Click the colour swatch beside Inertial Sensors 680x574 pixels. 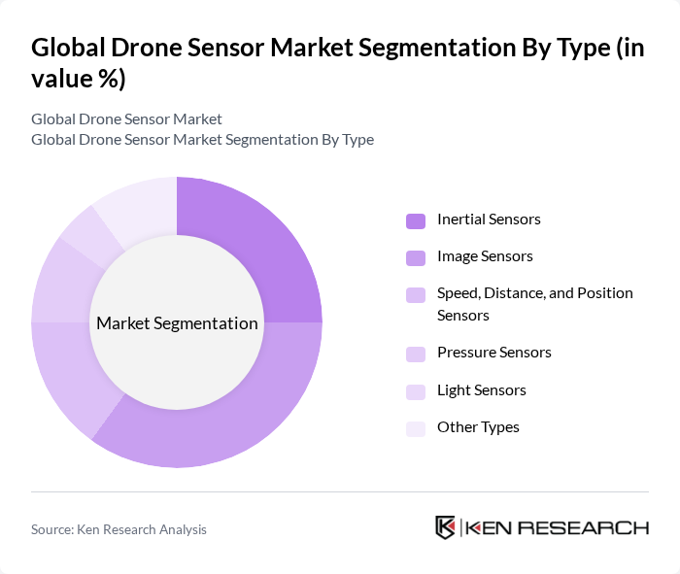click(416, 220)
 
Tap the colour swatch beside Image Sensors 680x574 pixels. click(416, 257)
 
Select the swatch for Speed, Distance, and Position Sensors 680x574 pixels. click(416, 294)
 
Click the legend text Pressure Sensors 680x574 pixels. click(493, 353)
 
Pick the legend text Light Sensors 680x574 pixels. click(481, 390)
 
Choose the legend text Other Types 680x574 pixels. click(478, 427)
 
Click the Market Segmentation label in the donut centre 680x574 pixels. click(177, 323)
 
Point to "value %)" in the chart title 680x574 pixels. click(78, 79)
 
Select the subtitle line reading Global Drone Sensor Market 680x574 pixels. click(126, 119)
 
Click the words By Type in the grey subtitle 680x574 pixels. click(347, 140)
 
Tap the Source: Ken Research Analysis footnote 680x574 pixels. click(119, 529)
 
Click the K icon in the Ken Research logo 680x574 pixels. click(445, 527)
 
